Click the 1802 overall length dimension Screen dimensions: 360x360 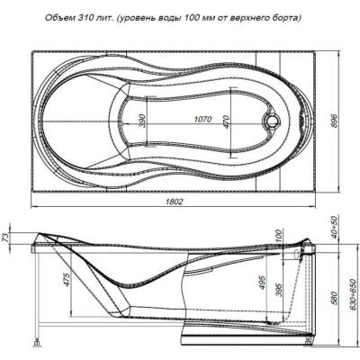click(x=175, y=202)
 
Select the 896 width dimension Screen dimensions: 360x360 click(x=335, y=121)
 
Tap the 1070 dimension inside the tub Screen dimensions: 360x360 click(x=202, y=119)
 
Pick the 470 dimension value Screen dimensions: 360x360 click(x=226, y=121)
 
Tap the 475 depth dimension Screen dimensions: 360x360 click(x=67, y=279)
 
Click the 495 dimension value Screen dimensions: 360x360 click(x=262, y=283)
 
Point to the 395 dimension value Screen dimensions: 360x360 click(x=279, y=290)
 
